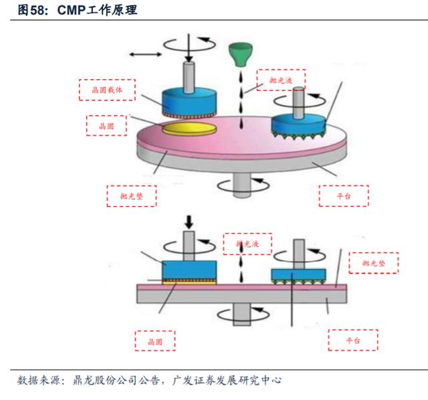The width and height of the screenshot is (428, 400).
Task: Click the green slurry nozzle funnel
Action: pyautogui.click(x=241, y=55)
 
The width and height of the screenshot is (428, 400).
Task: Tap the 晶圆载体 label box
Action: pyautogui.click(x=107, y=90)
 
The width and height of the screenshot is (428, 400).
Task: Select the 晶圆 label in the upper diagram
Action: pyautogui.click(x=106, y=126)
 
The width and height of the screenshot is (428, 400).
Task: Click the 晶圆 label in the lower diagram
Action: pyautogui.click(x=155, y=341)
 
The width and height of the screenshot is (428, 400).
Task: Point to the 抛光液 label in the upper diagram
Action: pyautogui.click(x=281, y=80)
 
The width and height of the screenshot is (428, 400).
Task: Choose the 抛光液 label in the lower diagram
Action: pyautogui.click(x=247, y=244)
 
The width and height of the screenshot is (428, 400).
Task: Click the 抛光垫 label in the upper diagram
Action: pyautogui.click(x=132, y=196)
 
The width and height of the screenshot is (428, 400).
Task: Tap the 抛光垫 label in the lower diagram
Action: pyautogui.click(x=374, y=263)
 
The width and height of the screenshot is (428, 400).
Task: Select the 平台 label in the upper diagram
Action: pyautogui.click(x=344, y=196)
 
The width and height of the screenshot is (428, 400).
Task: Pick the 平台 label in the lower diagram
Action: pyautogui.click(x=353, y=340)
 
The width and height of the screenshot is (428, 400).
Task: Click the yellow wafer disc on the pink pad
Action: pyautogui.click(x=189, y=128)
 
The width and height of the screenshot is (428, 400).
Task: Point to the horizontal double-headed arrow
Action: pyautogui.click(x=145, y=54)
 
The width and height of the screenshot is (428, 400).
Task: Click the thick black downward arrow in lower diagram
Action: pyautogui.click(x=189, y=222)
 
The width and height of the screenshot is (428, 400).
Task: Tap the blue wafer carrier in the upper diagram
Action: pyautogui.click(x=189, y=102)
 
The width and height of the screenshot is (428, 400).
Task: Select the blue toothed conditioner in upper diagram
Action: pyautogui.click(x=299, y=126)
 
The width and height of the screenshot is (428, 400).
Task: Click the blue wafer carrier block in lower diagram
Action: pyautogui.click(x=189, y=270)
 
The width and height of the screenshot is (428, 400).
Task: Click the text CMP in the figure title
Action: pyautogui.click(x=72, y=11)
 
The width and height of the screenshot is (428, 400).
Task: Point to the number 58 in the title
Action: pyautogui.click(x=37, y=11)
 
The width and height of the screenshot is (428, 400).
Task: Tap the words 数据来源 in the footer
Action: pyautogui.click(x=39, y=380)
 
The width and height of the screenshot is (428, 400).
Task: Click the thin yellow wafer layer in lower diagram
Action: pyautogui.click(x=189, y=283)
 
